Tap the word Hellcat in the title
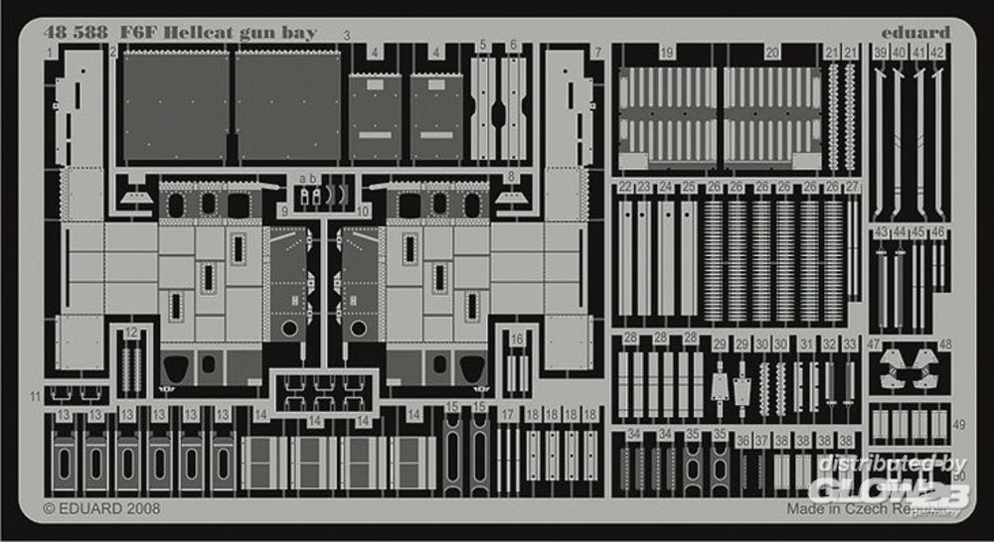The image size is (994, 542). (174, 32)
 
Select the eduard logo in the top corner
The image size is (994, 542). (916, 32)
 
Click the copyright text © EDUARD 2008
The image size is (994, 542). (102, 508)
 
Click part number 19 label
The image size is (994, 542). (667, 52)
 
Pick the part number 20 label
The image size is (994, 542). (771, 52)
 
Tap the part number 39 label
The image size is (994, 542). (881, 52)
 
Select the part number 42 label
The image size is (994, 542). (936, 52)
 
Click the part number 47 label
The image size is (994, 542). (874, 343)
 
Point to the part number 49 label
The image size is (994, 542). (958, 424)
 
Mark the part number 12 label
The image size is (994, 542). (132, 334)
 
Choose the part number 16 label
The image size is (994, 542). (516, 339)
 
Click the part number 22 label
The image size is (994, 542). (624, 187)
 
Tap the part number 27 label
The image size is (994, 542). (852, 187)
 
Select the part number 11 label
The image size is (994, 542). (36, 396)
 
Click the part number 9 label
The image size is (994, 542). (283, 210)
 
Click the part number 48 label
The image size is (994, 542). (945, 343)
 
